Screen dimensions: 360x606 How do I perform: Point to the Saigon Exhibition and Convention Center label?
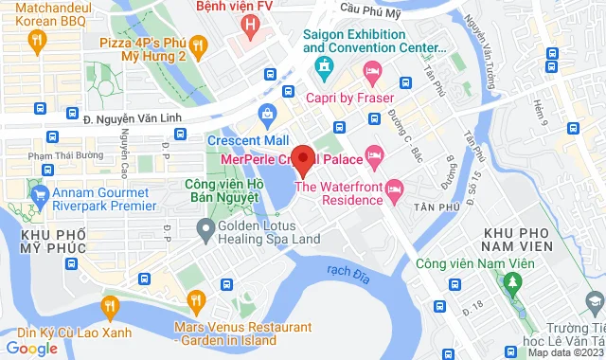point(374,41)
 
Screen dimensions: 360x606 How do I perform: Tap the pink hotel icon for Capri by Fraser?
point(373,70)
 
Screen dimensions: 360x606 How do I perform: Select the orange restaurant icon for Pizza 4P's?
point(198,44)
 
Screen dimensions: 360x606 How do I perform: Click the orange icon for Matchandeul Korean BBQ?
point(37,40)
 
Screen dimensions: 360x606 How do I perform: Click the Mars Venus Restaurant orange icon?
point(197,303)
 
